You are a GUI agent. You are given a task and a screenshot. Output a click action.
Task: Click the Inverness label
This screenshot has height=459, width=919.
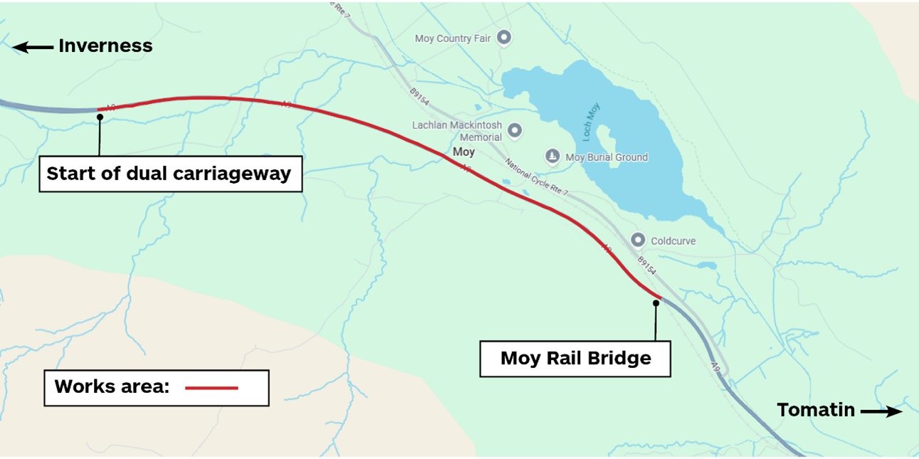[105, 46]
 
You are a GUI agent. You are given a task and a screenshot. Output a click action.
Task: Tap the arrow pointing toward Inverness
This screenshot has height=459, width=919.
[33, 48]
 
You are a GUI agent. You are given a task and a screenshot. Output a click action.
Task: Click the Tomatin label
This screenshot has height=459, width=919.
[815, 410]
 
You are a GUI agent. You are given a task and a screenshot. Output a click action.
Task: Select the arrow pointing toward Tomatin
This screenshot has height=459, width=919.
[881, 411]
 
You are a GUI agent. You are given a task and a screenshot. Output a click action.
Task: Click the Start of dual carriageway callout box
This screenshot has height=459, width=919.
[170, 174]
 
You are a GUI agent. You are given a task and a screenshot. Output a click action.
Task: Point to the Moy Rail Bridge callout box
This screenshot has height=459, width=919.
[575, 358]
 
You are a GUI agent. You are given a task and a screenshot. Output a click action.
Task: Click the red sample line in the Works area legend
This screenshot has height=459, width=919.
[211, 388]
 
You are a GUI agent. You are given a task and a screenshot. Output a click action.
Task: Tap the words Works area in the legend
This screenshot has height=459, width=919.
[112, 387]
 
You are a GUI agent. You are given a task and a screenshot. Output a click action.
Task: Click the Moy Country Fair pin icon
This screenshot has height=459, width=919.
[504, 37]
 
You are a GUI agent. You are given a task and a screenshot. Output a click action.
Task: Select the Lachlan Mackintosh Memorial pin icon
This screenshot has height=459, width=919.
[514, 130]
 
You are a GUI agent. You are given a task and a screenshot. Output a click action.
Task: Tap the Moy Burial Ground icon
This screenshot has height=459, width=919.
[552, 156]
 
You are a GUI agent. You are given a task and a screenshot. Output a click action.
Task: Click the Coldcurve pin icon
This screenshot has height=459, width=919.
[638, 241]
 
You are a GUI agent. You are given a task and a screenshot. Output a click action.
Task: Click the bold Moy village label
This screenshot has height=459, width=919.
[463, 152]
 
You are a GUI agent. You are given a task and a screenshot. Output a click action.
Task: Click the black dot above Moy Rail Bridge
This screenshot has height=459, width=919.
[656, 303]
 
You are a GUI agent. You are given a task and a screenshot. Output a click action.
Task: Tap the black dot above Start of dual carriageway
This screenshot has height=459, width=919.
[100, 117]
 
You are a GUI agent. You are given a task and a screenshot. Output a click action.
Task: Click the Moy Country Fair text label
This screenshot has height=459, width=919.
[453, 38]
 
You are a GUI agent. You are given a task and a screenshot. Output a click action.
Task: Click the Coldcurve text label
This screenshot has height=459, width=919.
[673, 241]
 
